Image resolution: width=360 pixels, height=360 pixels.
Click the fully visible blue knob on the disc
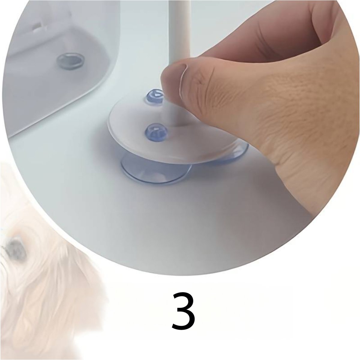(x=154, y=131)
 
